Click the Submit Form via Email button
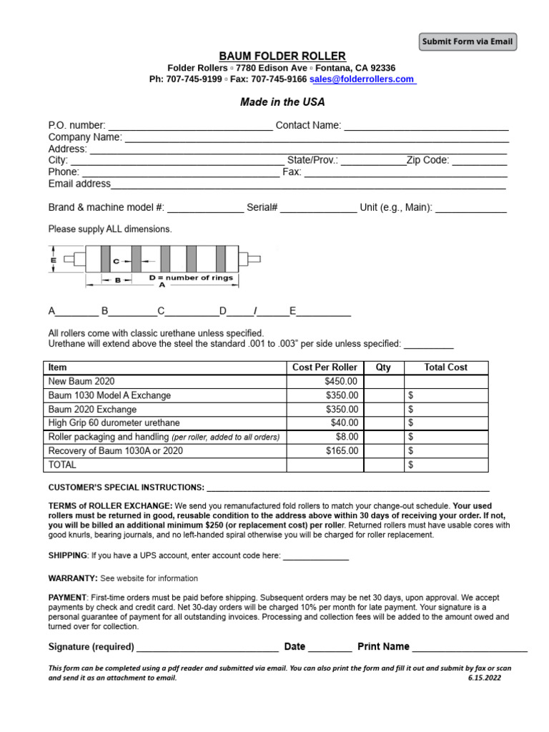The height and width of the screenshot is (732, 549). point(468,41)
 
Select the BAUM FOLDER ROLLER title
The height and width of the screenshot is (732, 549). point(282,56)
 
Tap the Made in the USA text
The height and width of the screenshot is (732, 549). point(282,102)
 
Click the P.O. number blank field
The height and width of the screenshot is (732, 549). point(190,126)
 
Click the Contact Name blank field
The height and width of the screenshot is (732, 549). point(426,126)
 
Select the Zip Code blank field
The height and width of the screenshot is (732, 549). point(480,160)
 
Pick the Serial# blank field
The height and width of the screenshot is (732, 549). point(318,208)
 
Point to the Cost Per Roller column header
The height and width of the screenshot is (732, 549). point(325,367)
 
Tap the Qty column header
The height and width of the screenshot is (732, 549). point(383,367)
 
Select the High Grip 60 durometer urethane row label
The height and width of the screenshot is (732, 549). point(114,423)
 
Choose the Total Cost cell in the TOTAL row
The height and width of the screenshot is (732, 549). point(446,465)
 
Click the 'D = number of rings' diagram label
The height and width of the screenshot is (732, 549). point(191,277)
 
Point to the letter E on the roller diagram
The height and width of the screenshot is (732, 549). point(54,262)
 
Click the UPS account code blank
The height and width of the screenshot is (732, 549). point(316,555)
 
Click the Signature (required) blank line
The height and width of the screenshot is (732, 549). point(207,647)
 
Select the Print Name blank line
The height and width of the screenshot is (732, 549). point(470,647)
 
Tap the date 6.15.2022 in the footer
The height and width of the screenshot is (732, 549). point(485,678)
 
